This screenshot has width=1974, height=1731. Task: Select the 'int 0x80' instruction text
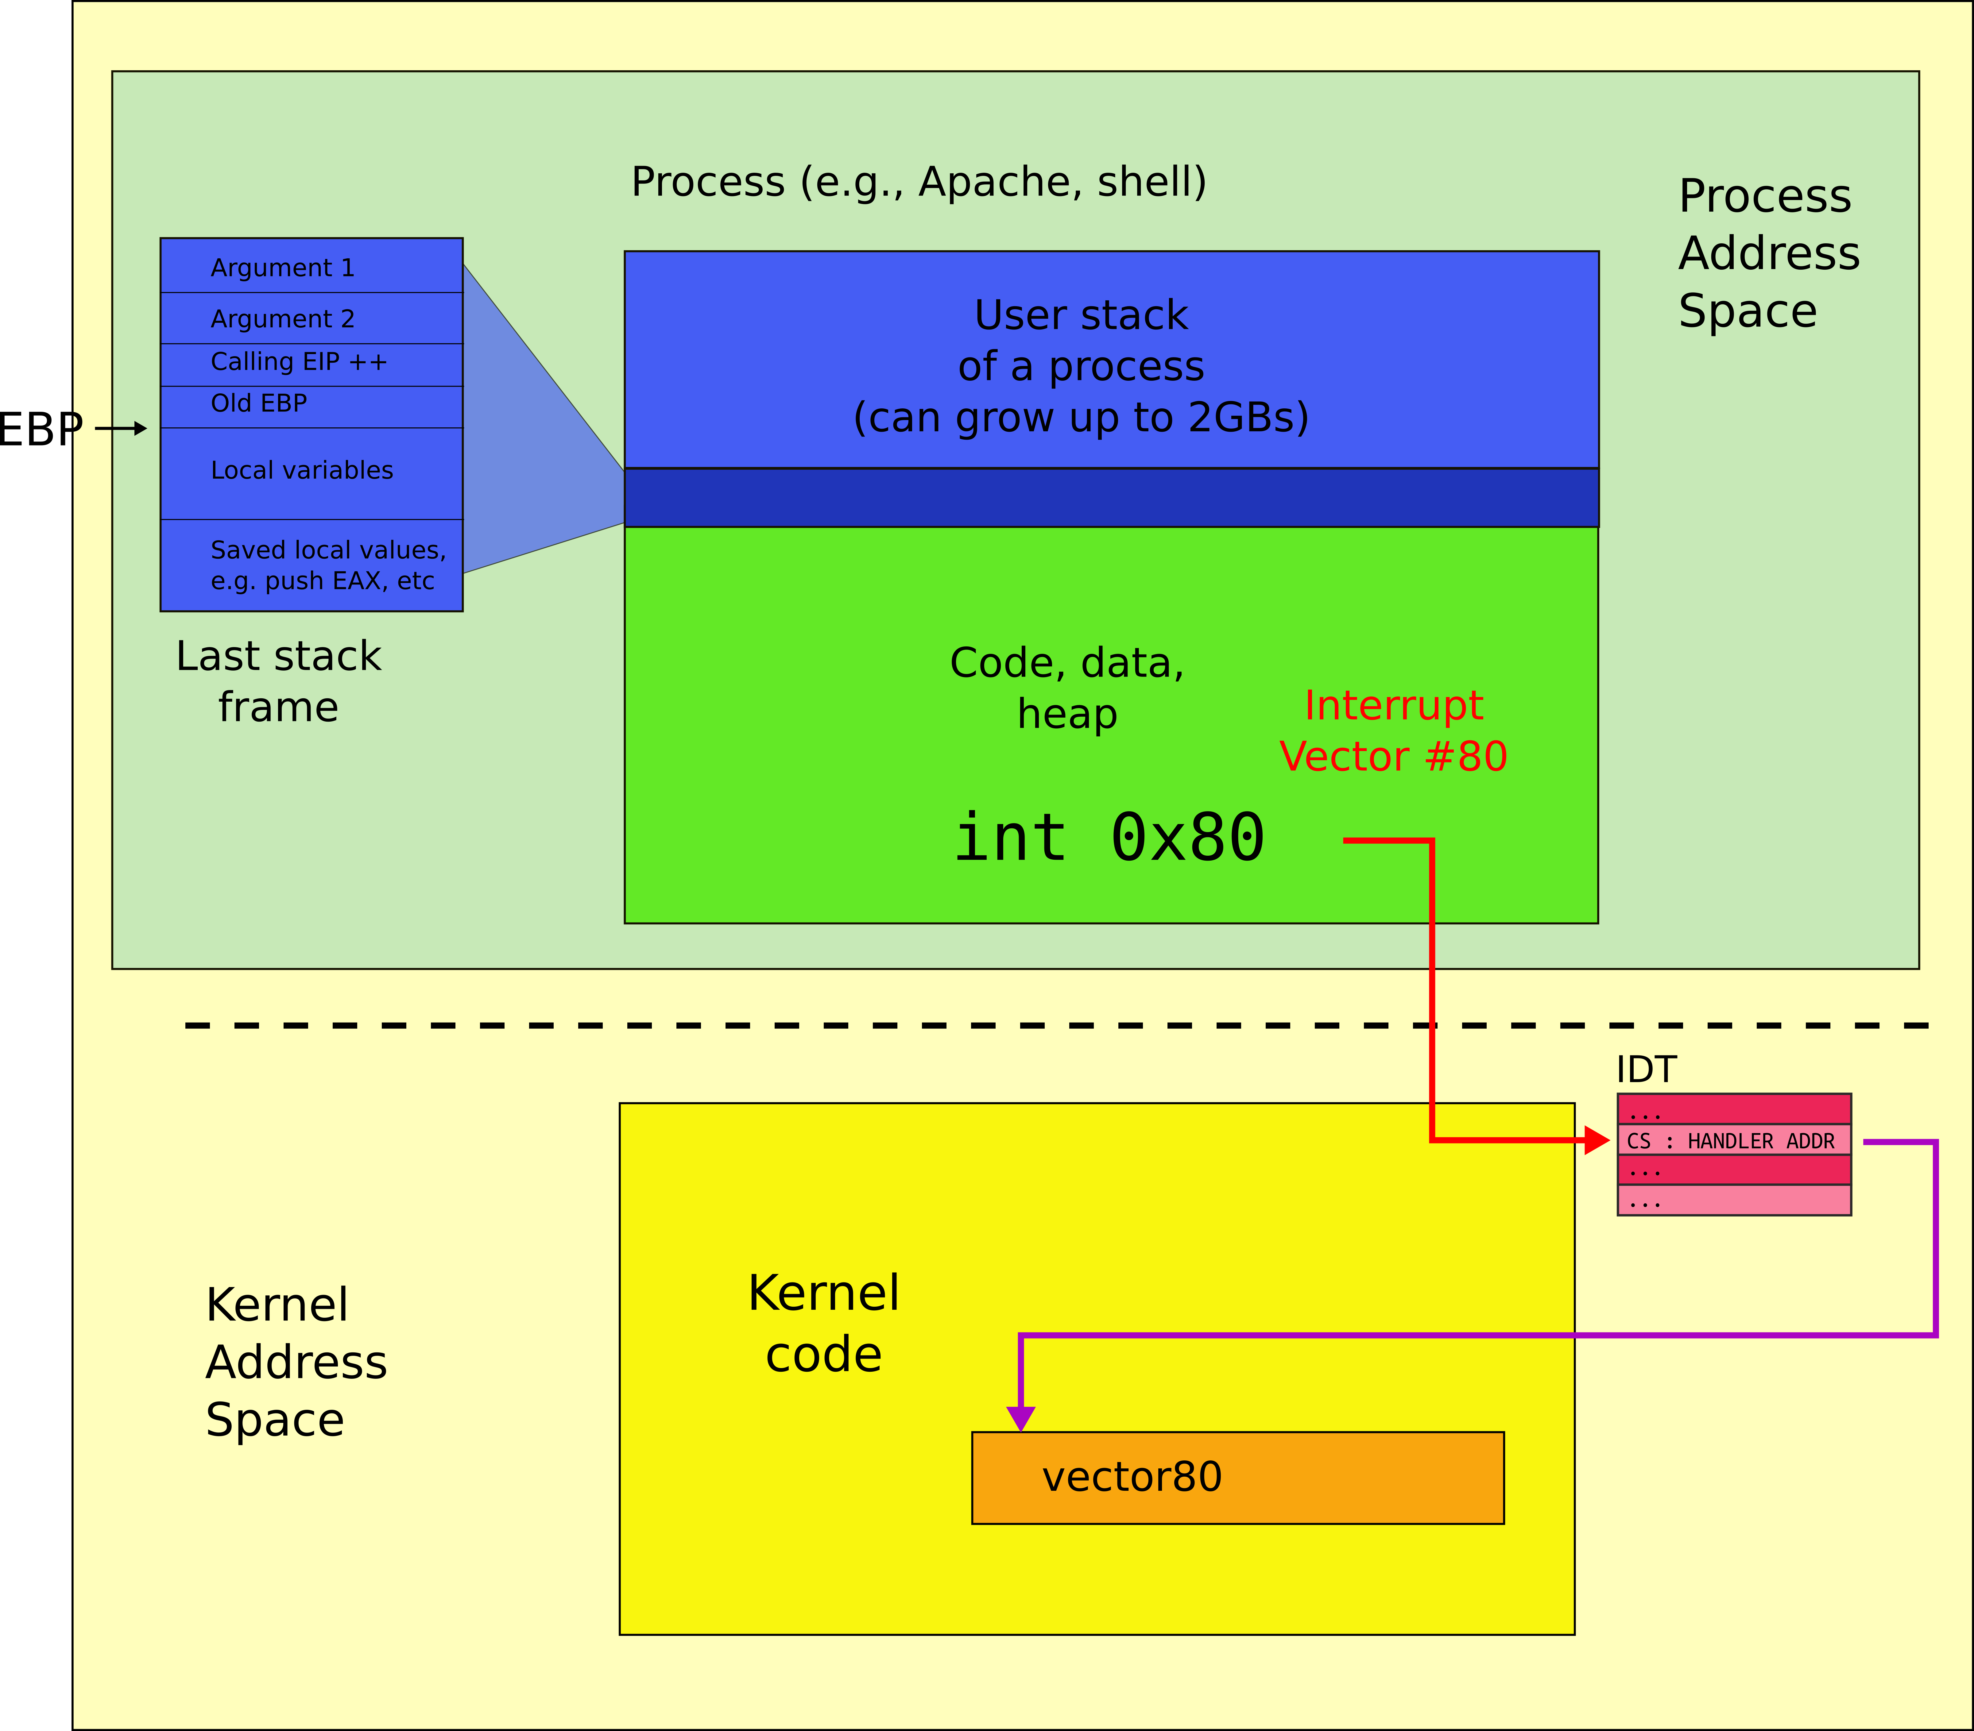pyautogui.click(x=1109, y=838)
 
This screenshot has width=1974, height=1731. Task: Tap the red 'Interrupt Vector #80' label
pyautogui.click(x=1393, y=731)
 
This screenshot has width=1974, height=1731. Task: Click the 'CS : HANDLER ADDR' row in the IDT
pyautogui.click(x=1733, y=1140)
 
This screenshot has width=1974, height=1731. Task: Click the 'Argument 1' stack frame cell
pyautogui.click(x=311, y=266)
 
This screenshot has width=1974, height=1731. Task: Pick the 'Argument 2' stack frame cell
pyautogui.click(x=311, y=318)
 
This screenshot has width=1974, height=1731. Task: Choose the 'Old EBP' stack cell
pyautogui.click(x=311, y=406)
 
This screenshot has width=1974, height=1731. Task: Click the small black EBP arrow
pyautogui.click(x=123, y=428)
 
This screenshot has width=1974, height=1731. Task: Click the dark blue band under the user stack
pyautogui.click(x=1111, y=497)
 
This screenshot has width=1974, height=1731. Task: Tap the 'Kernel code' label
pyautogui.click(x=823, y=1324)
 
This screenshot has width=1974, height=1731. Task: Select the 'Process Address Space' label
pyautogui.click(x=1767, y=253)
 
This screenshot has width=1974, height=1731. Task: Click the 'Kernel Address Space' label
pyautogui.click(x=295, y=1362)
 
